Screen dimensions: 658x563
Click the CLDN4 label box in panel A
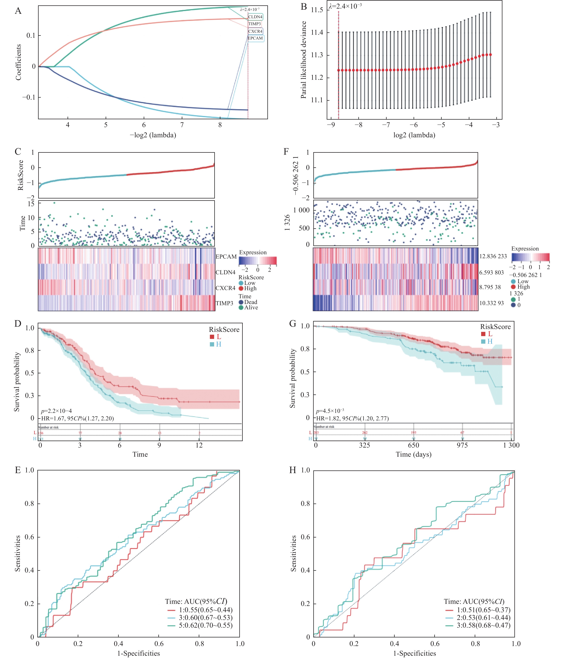(255, 17)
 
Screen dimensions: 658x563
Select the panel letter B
(304, 7)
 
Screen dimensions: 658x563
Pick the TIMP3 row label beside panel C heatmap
(224, 303)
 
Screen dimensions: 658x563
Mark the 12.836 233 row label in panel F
(493, 256)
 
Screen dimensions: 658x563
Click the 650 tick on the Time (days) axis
(414, 445)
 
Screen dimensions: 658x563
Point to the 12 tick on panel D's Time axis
(199, 445)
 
